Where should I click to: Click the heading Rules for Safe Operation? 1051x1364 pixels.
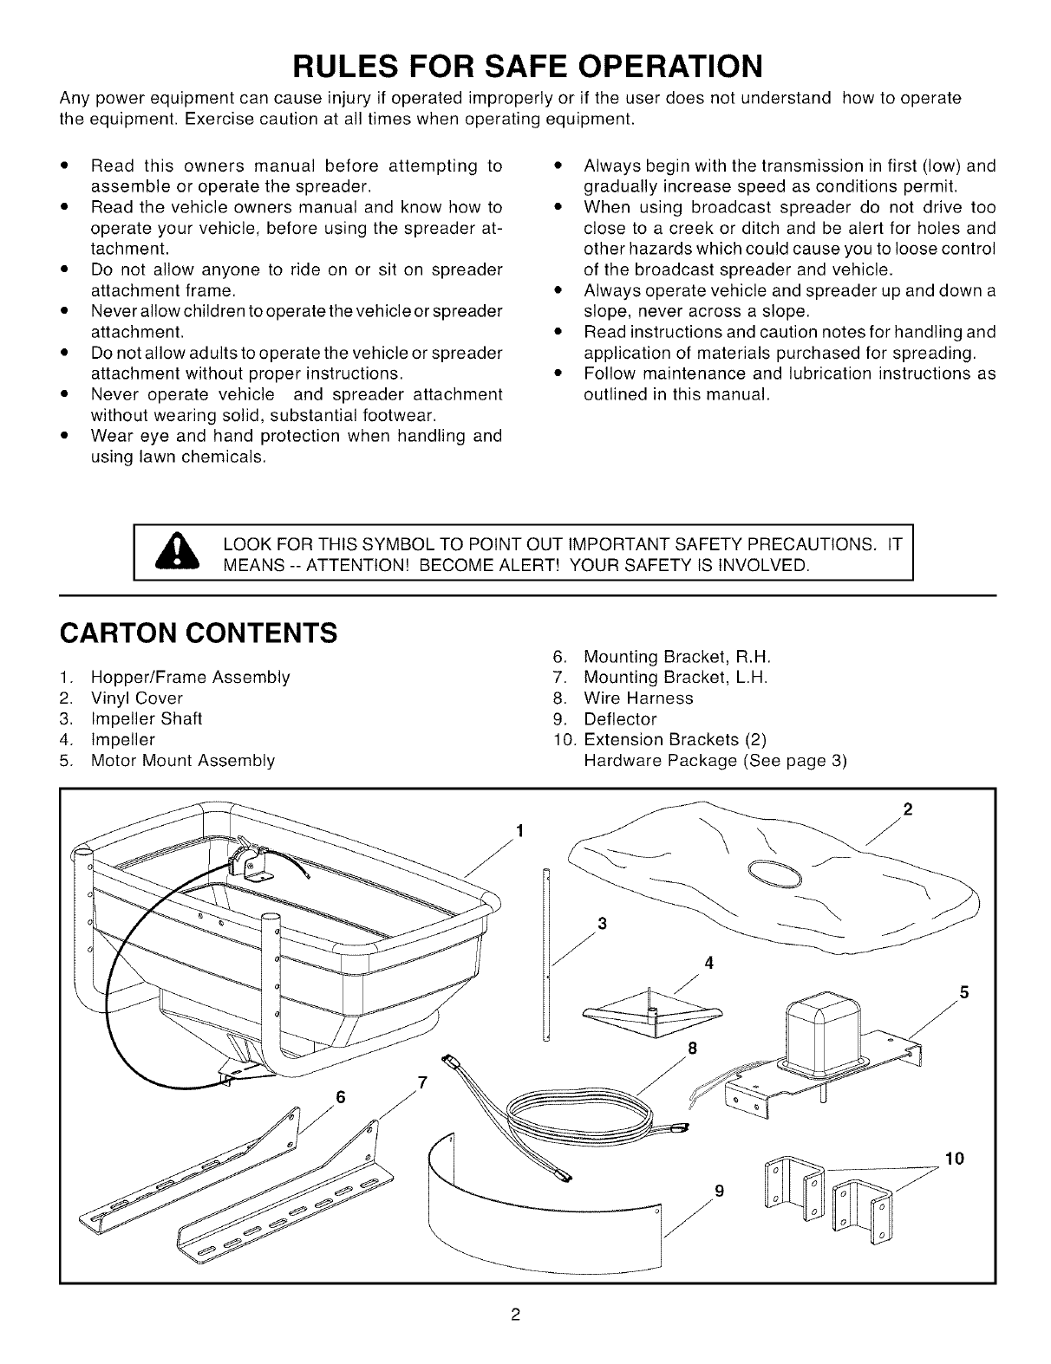click(x=528, y=67)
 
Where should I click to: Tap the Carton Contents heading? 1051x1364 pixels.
click(x=199, y=633)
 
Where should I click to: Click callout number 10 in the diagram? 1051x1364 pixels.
click(x=954, y=1158)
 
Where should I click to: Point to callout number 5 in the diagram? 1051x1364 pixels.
click(x=963, y=991)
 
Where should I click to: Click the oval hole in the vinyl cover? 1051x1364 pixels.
click(x=775, y=874)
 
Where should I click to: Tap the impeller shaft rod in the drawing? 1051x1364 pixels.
click(x=546, y=953)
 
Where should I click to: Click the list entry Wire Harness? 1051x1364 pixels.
click(x=638, y=698)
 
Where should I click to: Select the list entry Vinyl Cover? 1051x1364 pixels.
click(x=137, y=698)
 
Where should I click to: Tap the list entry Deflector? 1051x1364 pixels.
click(x=620, y=718)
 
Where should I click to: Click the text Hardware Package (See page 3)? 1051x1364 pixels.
click(x=715, y=761)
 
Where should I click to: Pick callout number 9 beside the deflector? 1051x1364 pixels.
click(x=720, y=1191)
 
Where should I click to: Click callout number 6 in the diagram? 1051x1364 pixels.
click(x=340, y=1096)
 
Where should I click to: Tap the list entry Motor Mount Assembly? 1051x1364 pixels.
click(x=183, y=761)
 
